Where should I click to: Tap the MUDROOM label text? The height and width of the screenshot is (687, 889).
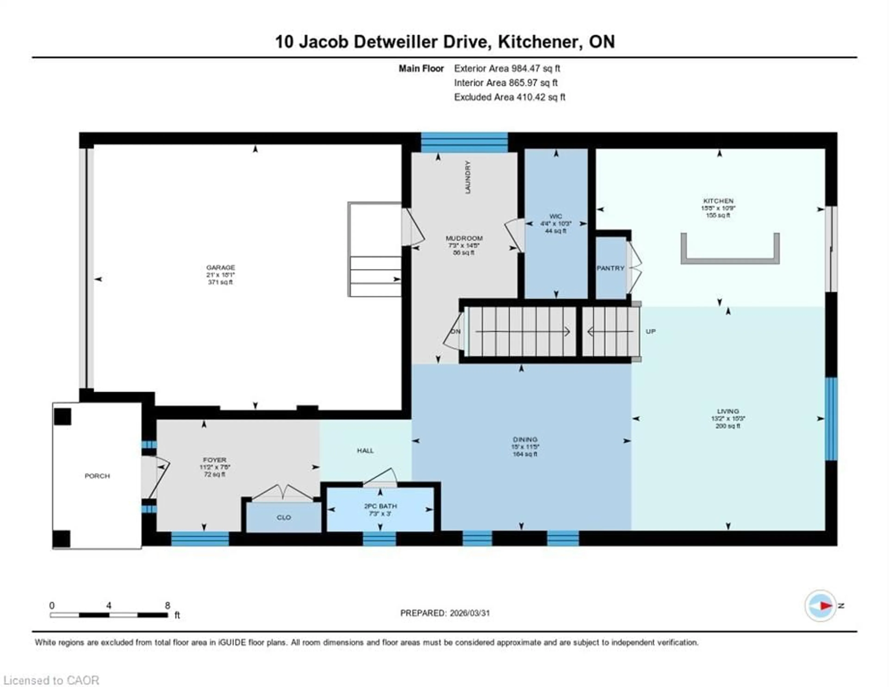464,238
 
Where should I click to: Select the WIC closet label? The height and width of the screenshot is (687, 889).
556,216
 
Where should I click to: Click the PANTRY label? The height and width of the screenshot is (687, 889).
610,268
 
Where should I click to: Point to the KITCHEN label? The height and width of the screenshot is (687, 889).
718,201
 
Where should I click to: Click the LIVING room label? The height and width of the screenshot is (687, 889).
728,411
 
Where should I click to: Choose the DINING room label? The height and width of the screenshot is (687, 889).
525,439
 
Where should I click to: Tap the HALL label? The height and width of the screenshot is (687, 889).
365,450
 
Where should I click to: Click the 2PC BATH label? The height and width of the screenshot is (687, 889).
380,506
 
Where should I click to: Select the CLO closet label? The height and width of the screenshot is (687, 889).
284,518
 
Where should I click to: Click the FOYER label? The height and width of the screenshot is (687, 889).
215,460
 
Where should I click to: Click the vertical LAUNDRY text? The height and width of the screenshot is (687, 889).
468,177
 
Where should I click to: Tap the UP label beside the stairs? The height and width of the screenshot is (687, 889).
651,332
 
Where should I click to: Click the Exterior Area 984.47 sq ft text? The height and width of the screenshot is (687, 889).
507,68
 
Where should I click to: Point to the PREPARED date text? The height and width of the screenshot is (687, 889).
445,613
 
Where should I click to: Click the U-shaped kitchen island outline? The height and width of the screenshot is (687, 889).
730,261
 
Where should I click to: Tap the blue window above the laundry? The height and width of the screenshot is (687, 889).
464,143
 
